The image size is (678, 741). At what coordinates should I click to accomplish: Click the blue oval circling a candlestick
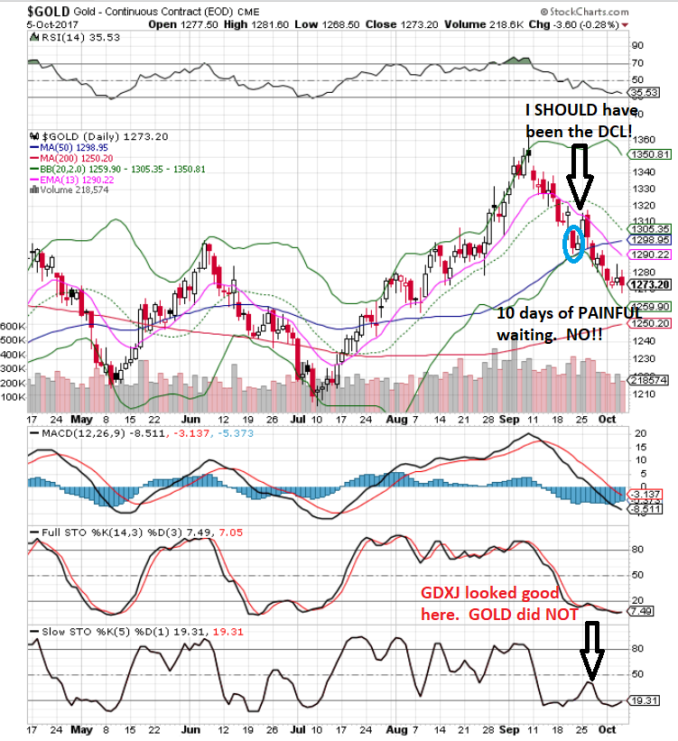click(x=571, y=243)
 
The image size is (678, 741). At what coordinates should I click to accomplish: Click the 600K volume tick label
click(x=13, y=325)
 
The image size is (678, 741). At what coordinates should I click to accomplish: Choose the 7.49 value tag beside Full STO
click(x=647, y=611)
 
